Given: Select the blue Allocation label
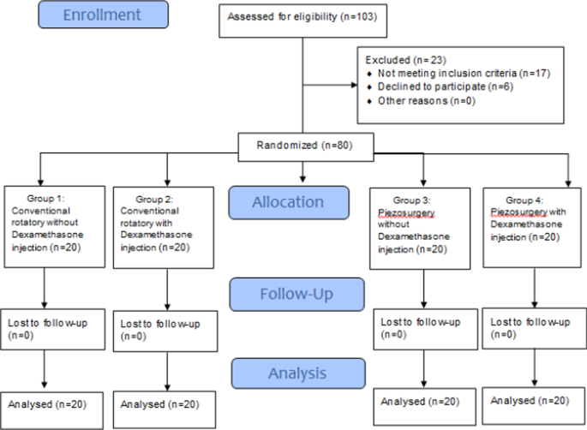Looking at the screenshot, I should (288, 203).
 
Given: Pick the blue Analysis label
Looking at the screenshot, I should (298, 373).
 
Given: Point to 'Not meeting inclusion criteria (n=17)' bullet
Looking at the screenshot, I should (440, 74).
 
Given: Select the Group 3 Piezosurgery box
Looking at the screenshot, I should (420, 220).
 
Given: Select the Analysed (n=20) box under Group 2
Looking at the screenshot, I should (164, 403).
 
